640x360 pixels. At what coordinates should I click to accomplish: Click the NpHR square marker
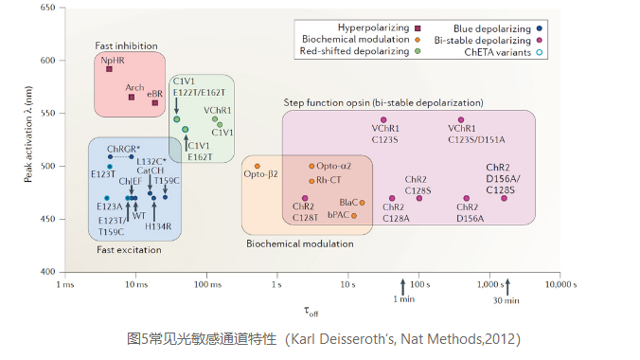point(109,69)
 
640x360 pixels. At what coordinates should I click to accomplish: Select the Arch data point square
point(132,97)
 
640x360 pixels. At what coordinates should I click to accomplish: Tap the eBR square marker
point(155,102)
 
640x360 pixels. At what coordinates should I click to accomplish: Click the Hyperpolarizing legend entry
point(374,27)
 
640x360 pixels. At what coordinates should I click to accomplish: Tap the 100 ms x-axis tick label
point(207,283)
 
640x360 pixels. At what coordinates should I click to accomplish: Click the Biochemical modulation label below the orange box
point(300,243)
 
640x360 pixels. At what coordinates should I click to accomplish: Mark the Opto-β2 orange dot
point(258,165)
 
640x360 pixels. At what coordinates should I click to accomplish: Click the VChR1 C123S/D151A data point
point(462,120)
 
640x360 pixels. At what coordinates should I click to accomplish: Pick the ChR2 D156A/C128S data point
point(504,198)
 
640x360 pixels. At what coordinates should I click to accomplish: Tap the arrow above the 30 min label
point(507,285)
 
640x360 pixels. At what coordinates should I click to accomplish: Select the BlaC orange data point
point(362,203)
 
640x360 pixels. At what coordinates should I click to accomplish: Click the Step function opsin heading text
point(382,101)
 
